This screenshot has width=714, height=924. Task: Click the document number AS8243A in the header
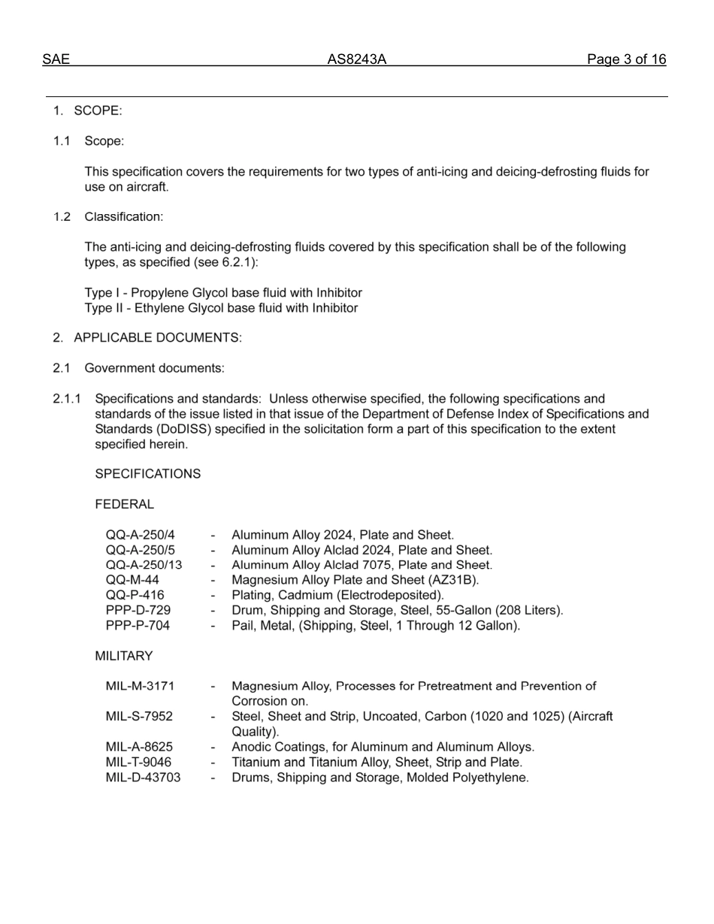pos(356,59)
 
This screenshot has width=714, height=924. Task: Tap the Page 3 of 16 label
pos(626,59)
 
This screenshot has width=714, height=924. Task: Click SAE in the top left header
pos(56,59)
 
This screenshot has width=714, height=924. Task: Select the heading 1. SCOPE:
pos(87,111)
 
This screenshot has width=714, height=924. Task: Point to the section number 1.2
pos(62,217)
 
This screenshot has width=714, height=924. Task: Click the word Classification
pos(123,217)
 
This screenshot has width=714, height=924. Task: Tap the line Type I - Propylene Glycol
pos(222,293)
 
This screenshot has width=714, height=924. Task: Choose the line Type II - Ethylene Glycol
pos(221,308)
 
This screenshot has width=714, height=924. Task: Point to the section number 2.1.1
pos(67,399)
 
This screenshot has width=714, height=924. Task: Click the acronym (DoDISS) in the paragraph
pos(188,429)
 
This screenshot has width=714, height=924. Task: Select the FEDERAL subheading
pos(124,505)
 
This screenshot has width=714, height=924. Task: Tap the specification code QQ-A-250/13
pos(144,565)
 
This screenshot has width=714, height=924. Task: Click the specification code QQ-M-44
pos(132,580)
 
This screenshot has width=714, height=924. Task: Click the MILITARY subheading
pos(123,657)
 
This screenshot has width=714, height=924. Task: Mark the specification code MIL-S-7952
pos(139,717)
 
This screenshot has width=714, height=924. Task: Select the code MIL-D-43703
pos(143,778)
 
